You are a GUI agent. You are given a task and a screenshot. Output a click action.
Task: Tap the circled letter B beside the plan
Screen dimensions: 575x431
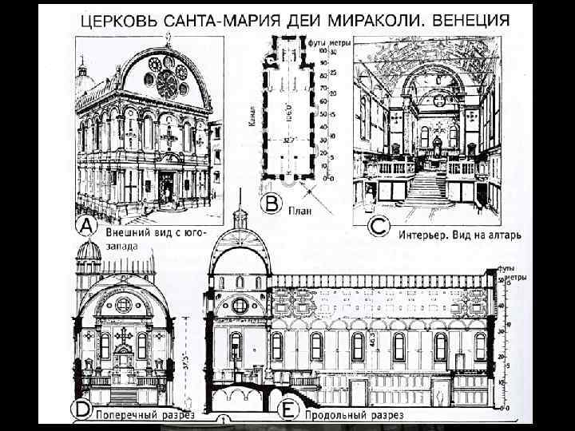pyautogui.click(x=272, y=204)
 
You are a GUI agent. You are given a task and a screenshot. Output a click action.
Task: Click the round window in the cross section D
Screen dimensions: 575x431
pyautogui.click(x=124, y=304)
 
